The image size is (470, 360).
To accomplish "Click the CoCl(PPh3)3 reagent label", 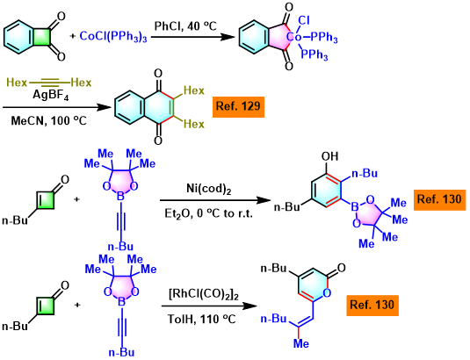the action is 113,37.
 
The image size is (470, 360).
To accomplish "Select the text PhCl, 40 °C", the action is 185,26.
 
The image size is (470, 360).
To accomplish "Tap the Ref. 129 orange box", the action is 239,106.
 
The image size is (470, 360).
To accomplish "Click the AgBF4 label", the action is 51,95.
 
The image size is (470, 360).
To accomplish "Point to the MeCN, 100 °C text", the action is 49,120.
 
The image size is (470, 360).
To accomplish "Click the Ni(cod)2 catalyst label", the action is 209,189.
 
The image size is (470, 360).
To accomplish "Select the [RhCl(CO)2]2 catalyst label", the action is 204,295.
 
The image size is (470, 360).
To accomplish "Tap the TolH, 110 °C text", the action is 201,319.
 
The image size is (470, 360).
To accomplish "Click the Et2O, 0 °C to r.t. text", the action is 208,213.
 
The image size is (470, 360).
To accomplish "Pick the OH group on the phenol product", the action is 329,156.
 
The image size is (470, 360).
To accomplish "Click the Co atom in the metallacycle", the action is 294,37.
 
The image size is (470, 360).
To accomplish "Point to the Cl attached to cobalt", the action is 304,21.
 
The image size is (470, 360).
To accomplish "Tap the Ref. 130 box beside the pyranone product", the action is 372,306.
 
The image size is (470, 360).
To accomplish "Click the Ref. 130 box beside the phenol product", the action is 439,200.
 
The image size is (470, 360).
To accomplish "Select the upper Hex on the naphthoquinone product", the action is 194,90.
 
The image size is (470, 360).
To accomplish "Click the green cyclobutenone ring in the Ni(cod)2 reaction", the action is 45,200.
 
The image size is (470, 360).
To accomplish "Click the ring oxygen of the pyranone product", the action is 327,292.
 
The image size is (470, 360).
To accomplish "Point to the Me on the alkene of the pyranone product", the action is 300,343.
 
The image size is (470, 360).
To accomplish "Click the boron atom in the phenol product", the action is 355,206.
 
